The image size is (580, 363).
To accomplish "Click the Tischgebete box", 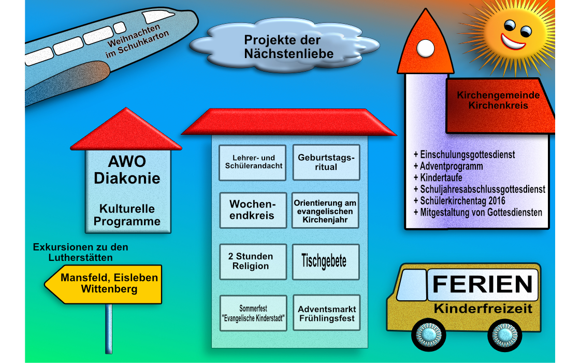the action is click(326, 261).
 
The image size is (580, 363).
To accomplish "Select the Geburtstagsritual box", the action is click(326, 162).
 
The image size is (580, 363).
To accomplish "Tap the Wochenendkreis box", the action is click(253, 210).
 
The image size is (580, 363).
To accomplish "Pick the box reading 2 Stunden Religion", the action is click(253, 261).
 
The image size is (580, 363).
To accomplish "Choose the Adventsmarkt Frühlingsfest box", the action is click(327, 313).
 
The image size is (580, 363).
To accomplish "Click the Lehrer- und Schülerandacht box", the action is click(253, 163).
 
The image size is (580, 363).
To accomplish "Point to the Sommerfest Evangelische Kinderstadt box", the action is click(253, 313).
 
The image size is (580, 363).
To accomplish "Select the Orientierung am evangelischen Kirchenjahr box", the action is click(325, 210).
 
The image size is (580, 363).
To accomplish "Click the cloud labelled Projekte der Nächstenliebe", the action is click(284, 46).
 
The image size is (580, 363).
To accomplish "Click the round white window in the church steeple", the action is click(425, 49).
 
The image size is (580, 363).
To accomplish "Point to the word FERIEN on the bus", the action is click(482, 285).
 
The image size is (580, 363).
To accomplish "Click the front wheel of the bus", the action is click(429, 334).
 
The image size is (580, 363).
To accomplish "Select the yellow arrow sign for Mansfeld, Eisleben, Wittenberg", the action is click(103, 284).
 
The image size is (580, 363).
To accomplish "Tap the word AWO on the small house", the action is click(127, 161).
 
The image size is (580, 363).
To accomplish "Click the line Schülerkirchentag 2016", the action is click(459, 201).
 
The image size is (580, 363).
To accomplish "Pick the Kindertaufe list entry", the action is click(438, 178).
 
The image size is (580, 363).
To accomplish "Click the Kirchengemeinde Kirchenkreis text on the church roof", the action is click(498, 101).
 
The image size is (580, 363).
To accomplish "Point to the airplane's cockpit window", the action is click(158, 16).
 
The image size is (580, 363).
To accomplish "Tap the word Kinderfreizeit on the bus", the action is click(483, 309).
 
